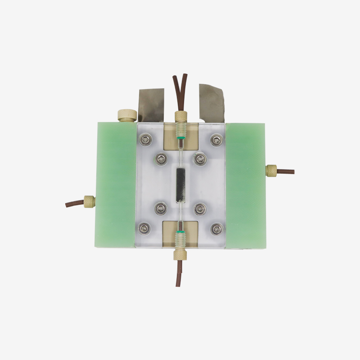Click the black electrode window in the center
click(x=180, y=185)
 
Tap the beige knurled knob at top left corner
click(x=126, y=115)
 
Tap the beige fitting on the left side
click(x=89, y=201)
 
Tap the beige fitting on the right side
click(x=271, y=171)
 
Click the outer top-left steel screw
click(x=145, y=141)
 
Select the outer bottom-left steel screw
click(x=145, y=228)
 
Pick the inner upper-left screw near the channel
click(x=161, y=158)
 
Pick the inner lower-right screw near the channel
click(x=200, y=208)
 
